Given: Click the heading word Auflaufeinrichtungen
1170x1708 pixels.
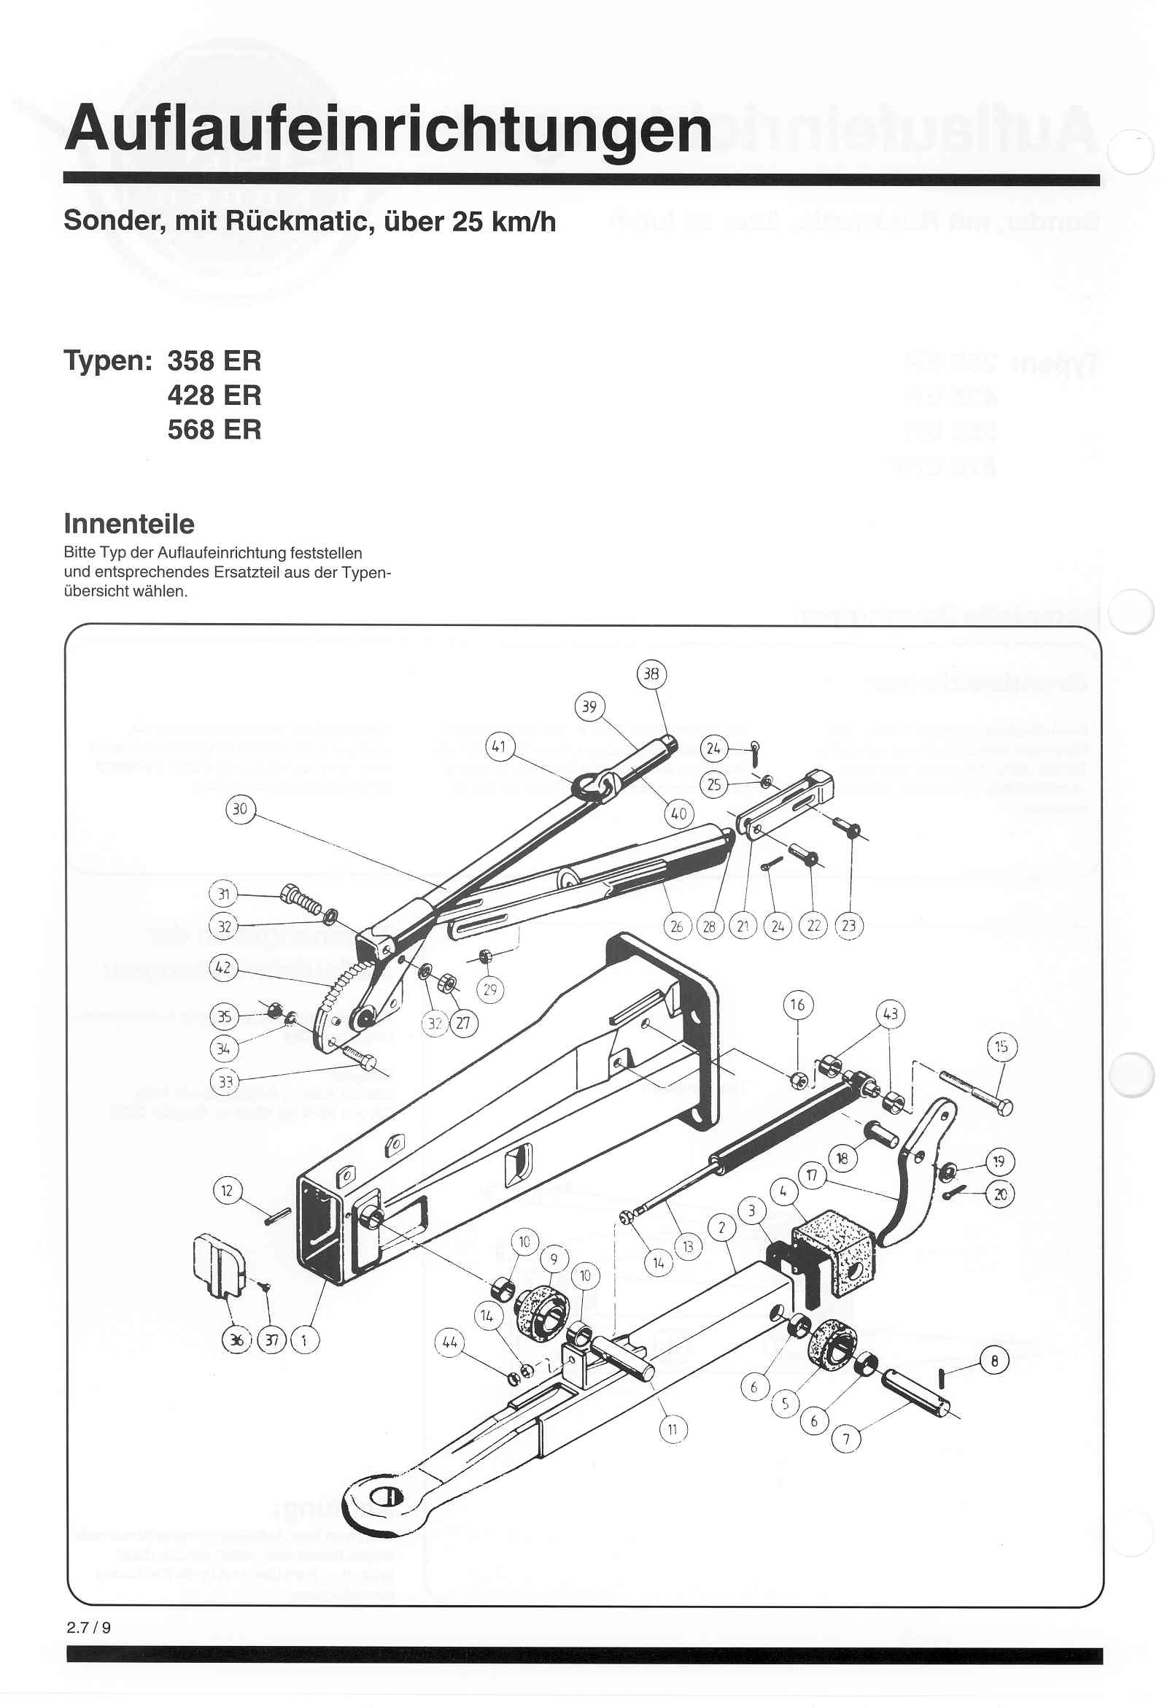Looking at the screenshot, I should [387, 129].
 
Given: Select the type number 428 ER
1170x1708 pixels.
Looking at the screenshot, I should [214, 395].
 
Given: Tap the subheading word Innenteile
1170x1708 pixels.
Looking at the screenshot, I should [129, 524].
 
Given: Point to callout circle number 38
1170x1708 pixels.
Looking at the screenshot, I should [651, 674].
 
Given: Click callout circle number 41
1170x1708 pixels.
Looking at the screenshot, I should [500, 747].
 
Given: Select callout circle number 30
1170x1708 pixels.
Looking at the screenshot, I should [240, 809].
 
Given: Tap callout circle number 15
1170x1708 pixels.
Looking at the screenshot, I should [1002, 1046].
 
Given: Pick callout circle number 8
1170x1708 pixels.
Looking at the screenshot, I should [994, 1361].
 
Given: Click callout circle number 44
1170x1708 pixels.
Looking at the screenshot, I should [450, 1342].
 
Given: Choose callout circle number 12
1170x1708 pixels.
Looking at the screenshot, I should [227, 1190].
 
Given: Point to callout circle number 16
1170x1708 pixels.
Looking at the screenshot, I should [797, 1005].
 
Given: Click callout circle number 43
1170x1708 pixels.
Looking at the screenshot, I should [890, 1014].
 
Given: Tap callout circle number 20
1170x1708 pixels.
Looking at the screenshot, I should [999, 1195].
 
